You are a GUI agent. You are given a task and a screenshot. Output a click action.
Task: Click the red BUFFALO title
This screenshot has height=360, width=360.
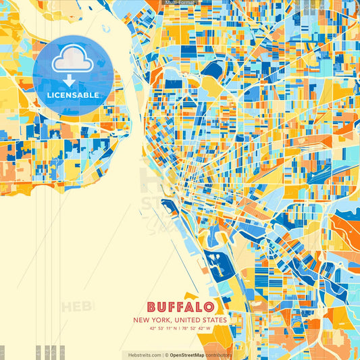[180, 306]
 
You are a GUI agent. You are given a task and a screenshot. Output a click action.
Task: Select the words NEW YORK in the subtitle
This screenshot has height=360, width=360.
[151, 319]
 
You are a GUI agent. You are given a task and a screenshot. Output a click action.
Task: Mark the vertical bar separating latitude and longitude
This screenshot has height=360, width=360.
[180, 329]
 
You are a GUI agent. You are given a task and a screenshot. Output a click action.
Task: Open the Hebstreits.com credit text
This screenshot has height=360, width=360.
[142, 355]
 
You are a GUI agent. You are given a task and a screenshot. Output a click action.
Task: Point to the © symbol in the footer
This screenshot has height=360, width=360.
[166, 355]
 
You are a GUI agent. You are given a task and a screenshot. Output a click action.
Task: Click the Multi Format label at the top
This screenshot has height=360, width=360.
[180, 3]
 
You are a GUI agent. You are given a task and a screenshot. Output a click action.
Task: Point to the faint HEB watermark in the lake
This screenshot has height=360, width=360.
[74, 307]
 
